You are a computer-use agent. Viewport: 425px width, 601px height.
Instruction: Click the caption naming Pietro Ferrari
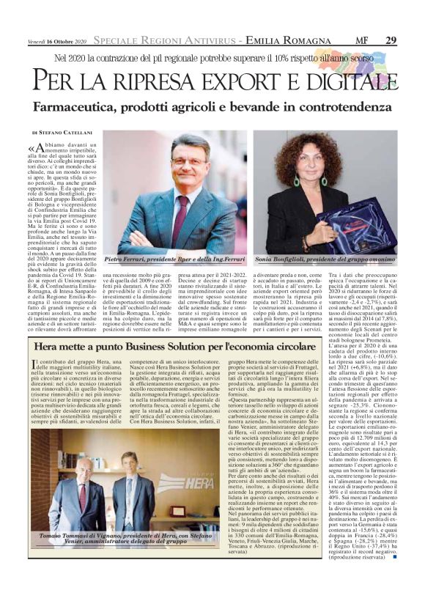pos(175,260)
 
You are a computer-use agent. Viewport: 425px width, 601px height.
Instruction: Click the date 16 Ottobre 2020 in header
pos(63,40)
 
